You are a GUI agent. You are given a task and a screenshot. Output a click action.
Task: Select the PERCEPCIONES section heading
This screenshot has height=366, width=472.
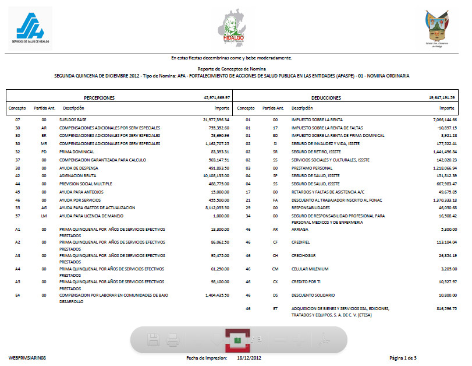(x=99, y=98)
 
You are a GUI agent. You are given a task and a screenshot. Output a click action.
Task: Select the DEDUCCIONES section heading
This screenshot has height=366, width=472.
(x=326, y=98)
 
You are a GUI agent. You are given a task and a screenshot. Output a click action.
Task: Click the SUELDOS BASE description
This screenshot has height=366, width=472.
(x=73, y=119)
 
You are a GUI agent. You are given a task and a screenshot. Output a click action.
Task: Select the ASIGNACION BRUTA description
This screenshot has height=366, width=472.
(x=79, y=175)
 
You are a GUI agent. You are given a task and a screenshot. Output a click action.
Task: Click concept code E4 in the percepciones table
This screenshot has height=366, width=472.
(x=18, y=295)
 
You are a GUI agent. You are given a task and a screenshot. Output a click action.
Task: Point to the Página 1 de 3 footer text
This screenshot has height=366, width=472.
(x=403, y=357)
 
